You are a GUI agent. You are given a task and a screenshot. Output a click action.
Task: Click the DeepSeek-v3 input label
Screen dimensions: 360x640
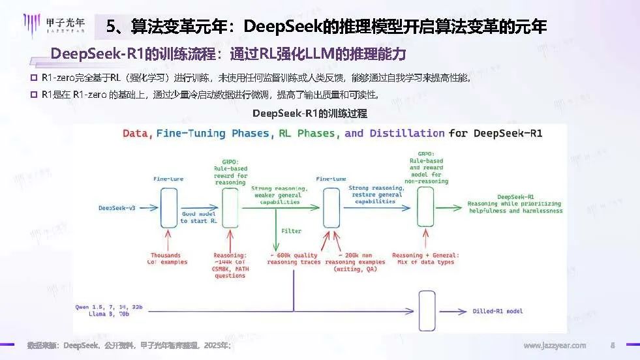[117, 208]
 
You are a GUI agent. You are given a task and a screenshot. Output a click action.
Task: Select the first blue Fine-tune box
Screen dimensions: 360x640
[169, 207]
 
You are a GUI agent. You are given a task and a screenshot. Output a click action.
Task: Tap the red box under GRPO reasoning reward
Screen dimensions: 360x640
[230, 207]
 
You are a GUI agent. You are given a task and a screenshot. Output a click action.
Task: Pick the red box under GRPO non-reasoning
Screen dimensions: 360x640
[426, 208]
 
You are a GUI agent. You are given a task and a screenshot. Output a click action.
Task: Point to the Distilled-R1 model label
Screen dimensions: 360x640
[498, 311]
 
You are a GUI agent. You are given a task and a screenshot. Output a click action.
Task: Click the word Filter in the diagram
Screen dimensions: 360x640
[291, 231]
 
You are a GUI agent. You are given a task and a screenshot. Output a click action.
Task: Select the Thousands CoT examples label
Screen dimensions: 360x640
[169, 259]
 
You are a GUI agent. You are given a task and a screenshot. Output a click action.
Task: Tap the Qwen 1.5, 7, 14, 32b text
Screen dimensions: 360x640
[109, 306]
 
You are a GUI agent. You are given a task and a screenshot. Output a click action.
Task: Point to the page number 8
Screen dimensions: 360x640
[612, 346]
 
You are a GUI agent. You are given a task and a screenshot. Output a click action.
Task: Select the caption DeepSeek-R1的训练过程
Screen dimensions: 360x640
[309, 113]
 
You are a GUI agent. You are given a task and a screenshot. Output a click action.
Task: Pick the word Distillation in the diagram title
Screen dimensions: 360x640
[404, 133]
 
